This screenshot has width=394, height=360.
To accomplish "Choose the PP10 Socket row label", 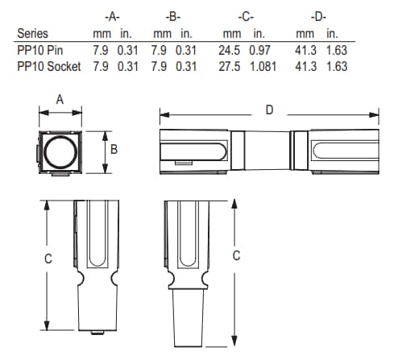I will [x=48, y=66].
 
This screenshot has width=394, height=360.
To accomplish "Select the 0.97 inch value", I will [x=260, y=51].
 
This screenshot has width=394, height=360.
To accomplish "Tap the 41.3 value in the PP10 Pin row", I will [x=305, y=51].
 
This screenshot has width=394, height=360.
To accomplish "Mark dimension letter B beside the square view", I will [x=114, y=150].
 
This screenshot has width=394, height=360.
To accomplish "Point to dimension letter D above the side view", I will [x=268, y=110].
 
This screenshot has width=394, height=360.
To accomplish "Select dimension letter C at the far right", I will [x=237, y=255].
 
